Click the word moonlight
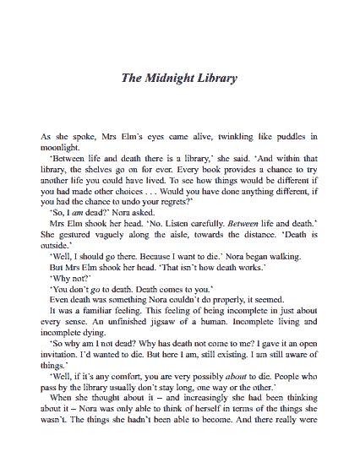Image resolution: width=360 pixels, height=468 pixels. pos(61,146)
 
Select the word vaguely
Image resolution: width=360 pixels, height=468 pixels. pos(103,234)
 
